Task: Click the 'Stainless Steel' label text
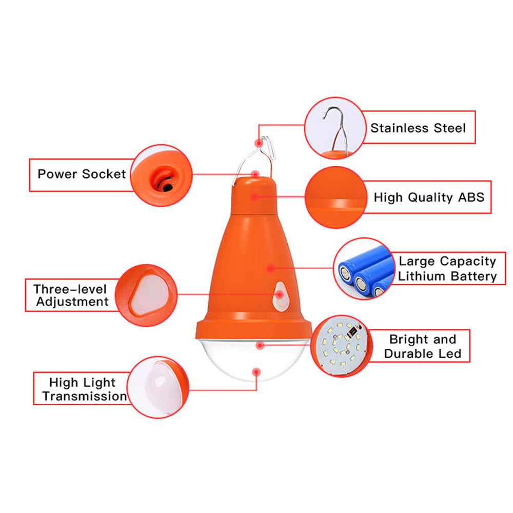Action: [418, 128]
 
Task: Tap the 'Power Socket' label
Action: [82, 174]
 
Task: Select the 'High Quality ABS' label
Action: [428, 198]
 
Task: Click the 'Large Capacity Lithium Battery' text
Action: [447, 269]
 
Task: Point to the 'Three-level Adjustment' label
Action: [71, 295]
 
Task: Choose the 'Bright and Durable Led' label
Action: [422, 346]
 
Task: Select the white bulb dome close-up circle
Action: [156, 387]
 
